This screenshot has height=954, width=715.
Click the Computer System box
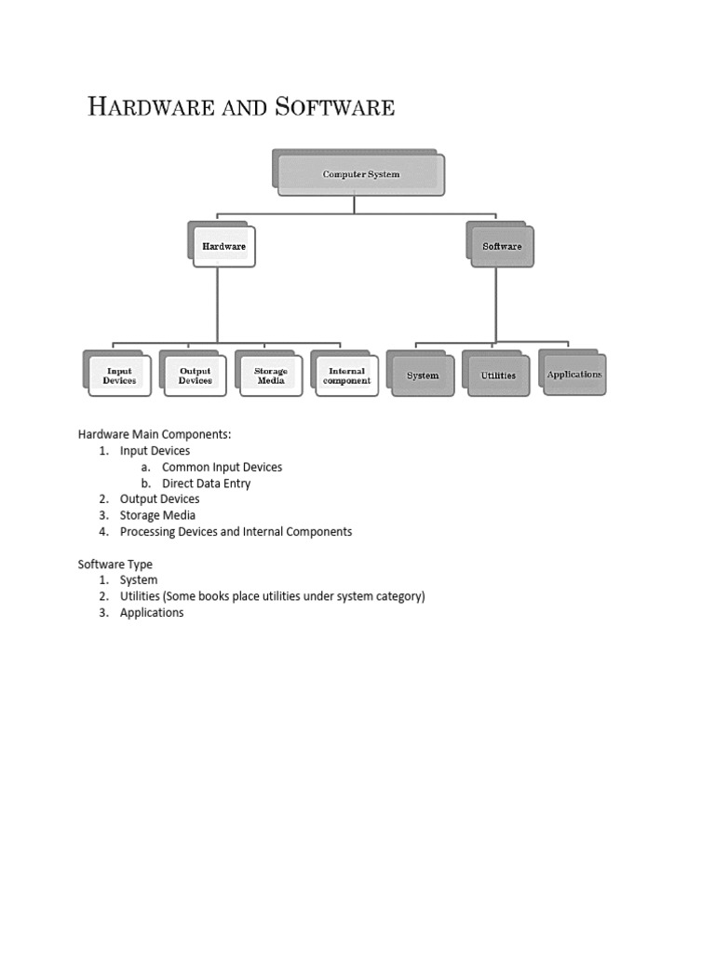(x=360, y=174)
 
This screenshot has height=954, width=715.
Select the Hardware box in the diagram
(x=223, y=247)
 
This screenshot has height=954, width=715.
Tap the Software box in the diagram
(x=502, y=247)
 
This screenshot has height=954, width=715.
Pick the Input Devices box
(x=119, y=376)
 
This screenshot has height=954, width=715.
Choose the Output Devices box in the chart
(x=195, y=376)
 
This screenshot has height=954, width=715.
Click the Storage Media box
(x=271, y=376)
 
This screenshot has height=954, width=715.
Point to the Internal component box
(x=347, y=376)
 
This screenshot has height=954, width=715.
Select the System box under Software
(x=423, y=375)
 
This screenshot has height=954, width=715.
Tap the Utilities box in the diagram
(x=498, y=375)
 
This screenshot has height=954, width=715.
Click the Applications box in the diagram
(x=574, y=375)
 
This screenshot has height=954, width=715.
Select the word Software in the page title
(x=334, y=107)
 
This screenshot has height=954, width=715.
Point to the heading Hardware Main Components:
(x=155, y=434)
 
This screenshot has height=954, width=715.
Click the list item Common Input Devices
(x=222, y=467)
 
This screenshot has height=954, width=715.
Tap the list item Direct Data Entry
(x=206, y=484)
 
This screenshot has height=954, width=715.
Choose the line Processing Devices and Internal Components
(x=236, y=532)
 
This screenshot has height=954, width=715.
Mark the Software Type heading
(x=115, y=565)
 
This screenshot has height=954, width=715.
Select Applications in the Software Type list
(x=152, y=613)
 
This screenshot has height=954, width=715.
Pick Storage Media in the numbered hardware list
(x=157, y=515)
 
